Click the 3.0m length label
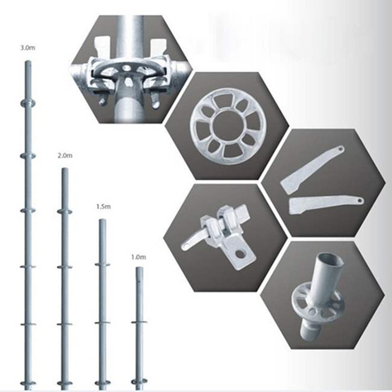28,48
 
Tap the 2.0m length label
65,156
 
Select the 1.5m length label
104,207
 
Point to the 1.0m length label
139,257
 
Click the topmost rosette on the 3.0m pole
28,103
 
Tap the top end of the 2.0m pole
65,169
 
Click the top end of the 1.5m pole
103,220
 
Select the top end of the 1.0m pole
140,268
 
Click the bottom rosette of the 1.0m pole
139,381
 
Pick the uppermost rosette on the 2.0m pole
65,212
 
